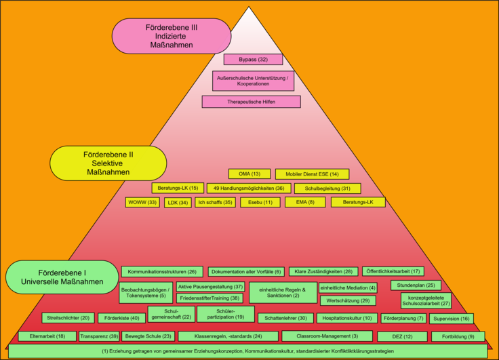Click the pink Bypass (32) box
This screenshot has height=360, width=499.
pos(254,60)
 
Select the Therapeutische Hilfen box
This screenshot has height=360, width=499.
pos(251,102)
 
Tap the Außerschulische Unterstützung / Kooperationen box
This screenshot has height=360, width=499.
pos(254,81)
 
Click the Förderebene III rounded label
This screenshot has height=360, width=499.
pos(172,36)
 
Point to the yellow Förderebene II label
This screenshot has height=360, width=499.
pos(108,163)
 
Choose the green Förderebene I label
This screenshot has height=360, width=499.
pos(62,277)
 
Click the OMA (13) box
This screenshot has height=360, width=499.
pos(249,174)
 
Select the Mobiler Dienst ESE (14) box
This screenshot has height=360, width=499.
pos(312,174)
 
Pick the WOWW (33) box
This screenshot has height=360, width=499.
pos(142,203)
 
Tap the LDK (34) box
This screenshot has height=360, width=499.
pos(178,203)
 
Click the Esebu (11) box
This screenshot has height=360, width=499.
pos(260,203)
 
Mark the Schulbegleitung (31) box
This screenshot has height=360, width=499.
pos(327,188)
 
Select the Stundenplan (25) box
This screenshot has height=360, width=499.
pos(416,285)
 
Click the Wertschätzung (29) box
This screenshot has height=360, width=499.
pos(348,300)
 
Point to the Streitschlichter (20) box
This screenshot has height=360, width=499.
pos(68,318)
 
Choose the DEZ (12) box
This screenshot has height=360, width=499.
pos(402,336)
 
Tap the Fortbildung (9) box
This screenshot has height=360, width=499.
pos(458,336)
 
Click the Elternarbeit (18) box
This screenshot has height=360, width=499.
pos(47,336)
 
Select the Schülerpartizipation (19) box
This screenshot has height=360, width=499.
pos(226,314)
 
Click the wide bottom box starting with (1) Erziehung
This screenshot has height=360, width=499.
pos(248,351)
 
